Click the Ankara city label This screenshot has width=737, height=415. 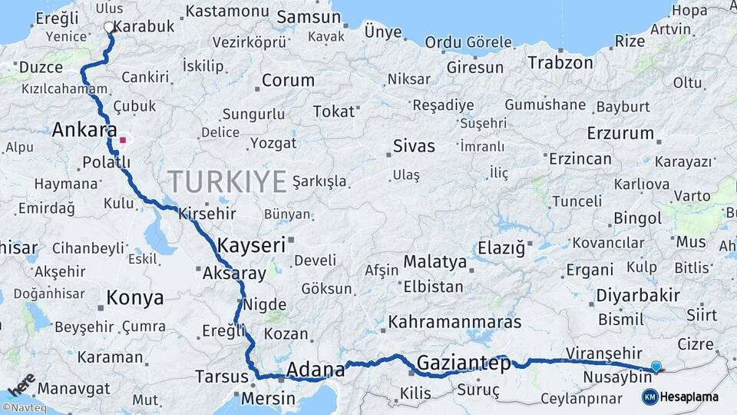tap(84, 130)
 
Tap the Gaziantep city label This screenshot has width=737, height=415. tap(463, 364)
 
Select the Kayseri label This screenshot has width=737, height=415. tap(251, 246)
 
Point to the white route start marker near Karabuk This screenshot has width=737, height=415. tap(109, 28)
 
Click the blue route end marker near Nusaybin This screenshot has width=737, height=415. tap(656, 367)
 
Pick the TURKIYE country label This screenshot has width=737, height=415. tap(227, 181)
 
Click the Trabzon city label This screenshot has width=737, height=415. tap(560, 62)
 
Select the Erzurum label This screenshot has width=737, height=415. tap(620, 133)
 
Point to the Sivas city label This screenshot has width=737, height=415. tap(414, 146)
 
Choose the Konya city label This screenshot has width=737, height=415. tap(134, 297)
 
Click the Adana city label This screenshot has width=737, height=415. tap(315, 370)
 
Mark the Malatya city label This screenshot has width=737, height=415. tap(435, 262)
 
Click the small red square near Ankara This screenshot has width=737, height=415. tap(122, 141)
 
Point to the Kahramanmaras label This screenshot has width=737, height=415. tap(454, 322)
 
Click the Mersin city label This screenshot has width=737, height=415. tap(268, 399)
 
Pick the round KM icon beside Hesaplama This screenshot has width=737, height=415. tap(649, 397)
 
